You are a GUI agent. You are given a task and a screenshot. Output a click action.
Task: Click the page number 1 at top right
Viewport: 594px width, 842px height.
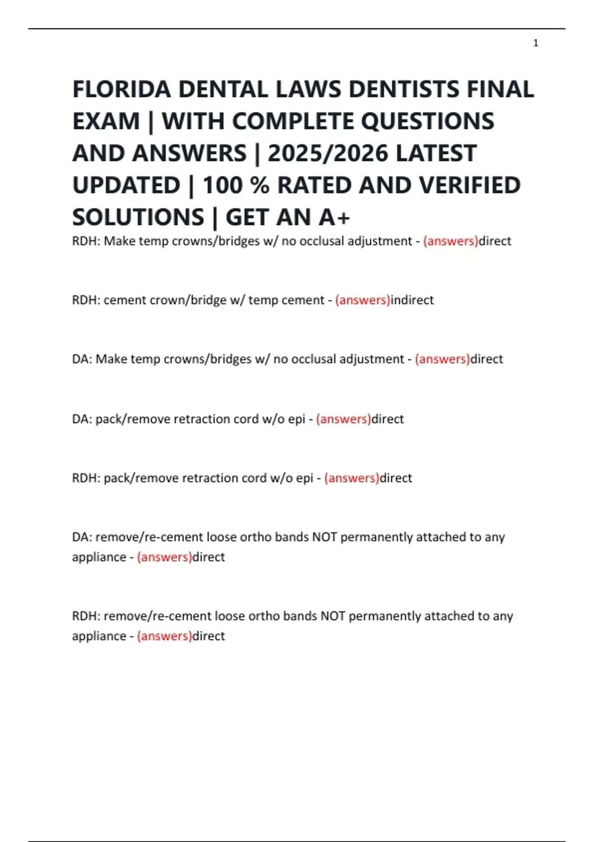point(536,43)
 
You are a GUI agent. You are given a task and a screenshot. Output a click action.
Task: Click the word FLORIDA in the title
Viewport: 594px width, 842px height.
point(122,90)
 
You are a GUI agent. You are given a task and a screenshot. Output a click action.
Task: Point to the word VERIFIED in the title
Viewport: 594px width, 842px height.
point(470,186)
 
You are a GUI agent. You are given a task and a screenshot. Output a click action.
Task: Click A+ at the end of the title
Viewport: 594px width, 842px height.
point(334,217)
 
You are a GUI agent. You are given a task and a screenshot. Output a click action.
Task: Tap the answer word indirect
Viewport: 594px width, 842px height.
point(412,300)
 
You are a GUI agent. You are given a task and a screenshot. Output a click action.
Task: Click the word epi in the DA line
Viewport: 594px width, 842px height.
point(297,419)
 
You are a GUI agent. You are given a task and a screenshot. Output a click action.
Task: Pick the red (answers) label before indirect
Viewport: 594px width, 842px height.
point(362,300)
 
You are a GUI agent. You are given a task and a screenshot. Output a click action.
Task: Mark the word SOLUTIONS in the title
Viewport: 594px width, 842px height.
point(138,217)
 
